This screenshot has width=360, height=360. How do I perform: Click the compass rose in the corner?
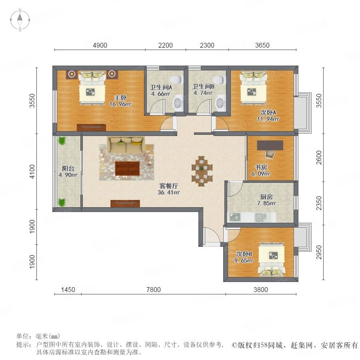[x=20, y=20]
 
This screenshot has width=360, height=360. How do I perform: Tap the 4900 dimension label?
[x=100, y=45]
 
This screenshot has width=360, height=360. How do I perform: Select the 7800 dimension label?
[x=154, y=290]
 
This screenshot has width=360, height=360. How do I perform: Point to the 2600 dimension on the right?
[x=319, y=158]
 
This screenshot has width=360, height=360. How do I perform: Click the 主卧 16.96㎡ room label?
[x=120, y=101]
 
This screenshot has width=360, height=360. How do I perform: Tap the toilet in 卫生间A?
[x=178, y=79]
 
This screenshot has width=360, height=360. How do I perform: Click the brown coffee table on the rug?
[x=128, y=168]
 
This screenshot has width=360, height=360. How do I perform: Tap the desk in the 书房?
[x=270, y=146]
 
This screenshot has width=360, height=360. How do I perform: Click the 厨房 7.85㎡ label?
[x=266, y=200]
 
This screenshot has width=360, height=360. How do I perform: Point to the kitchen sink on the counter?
[x=261, y=217]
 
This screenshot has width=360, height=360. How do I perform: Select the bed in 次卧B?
[x=272, y=260]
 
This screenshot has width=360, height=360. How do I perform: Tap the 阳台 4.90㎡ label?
[x=68, y=172]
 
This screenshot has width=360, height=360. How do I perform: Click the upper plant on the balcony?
[x=62, y=141]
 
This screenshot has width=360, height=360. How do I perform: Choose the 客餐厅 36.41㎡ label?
[x=169, y=189]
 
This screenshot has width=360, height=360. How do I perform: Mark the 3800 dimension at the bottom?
[x=261, y=290]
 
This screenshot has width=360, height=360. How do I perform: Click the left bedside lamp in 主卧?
[x=72, y=74]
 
